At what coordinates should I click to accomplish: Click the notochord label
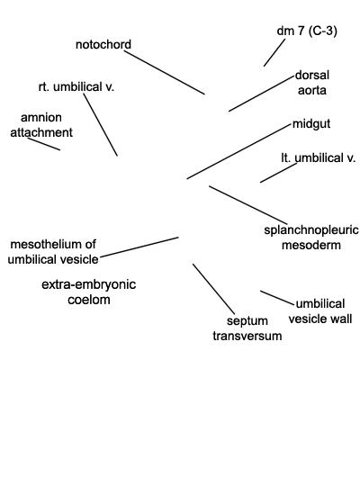pos(103,44)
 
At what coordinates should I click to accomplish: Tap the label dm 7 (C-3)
pos(307,31)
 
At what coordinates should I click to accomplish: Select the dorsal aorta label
pos(312,83)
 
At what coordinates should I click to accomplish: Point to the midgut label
pos(311,124)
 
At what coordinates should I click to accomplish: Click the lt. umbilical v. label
pos(319,157)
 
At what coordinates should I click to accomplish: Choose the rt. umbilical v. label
pos(76,86)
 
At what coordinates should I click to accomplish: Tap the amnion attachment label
pos(41,125)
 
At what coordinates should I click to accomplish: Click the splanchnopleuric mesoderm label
pos(311,238)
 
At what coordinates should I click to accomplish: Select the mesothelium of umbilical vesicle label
pos(53,252)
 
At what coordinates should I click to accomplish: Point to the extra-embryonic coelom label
pos(89,292)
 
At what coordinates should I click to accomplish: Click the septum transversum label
pos(247,328)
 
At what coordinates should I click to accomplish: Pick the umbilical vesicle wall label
pos(320,311)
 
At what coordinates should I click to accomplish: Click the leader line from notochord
pos(164,72)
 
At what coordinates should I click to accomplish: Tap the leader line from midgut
pos(238,152)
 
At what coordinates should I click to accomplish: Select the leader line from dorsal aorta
pos(261,94)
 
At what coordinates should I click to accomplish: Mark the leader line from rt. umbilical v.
pos(101,125)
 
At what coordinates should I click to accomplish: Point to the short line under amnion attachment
pos(44,144)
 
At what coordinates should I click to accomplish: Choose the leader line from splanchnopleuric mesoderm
pos(248,205)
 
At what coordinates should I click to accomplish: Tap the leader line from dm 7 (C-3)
pos(274,53)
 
